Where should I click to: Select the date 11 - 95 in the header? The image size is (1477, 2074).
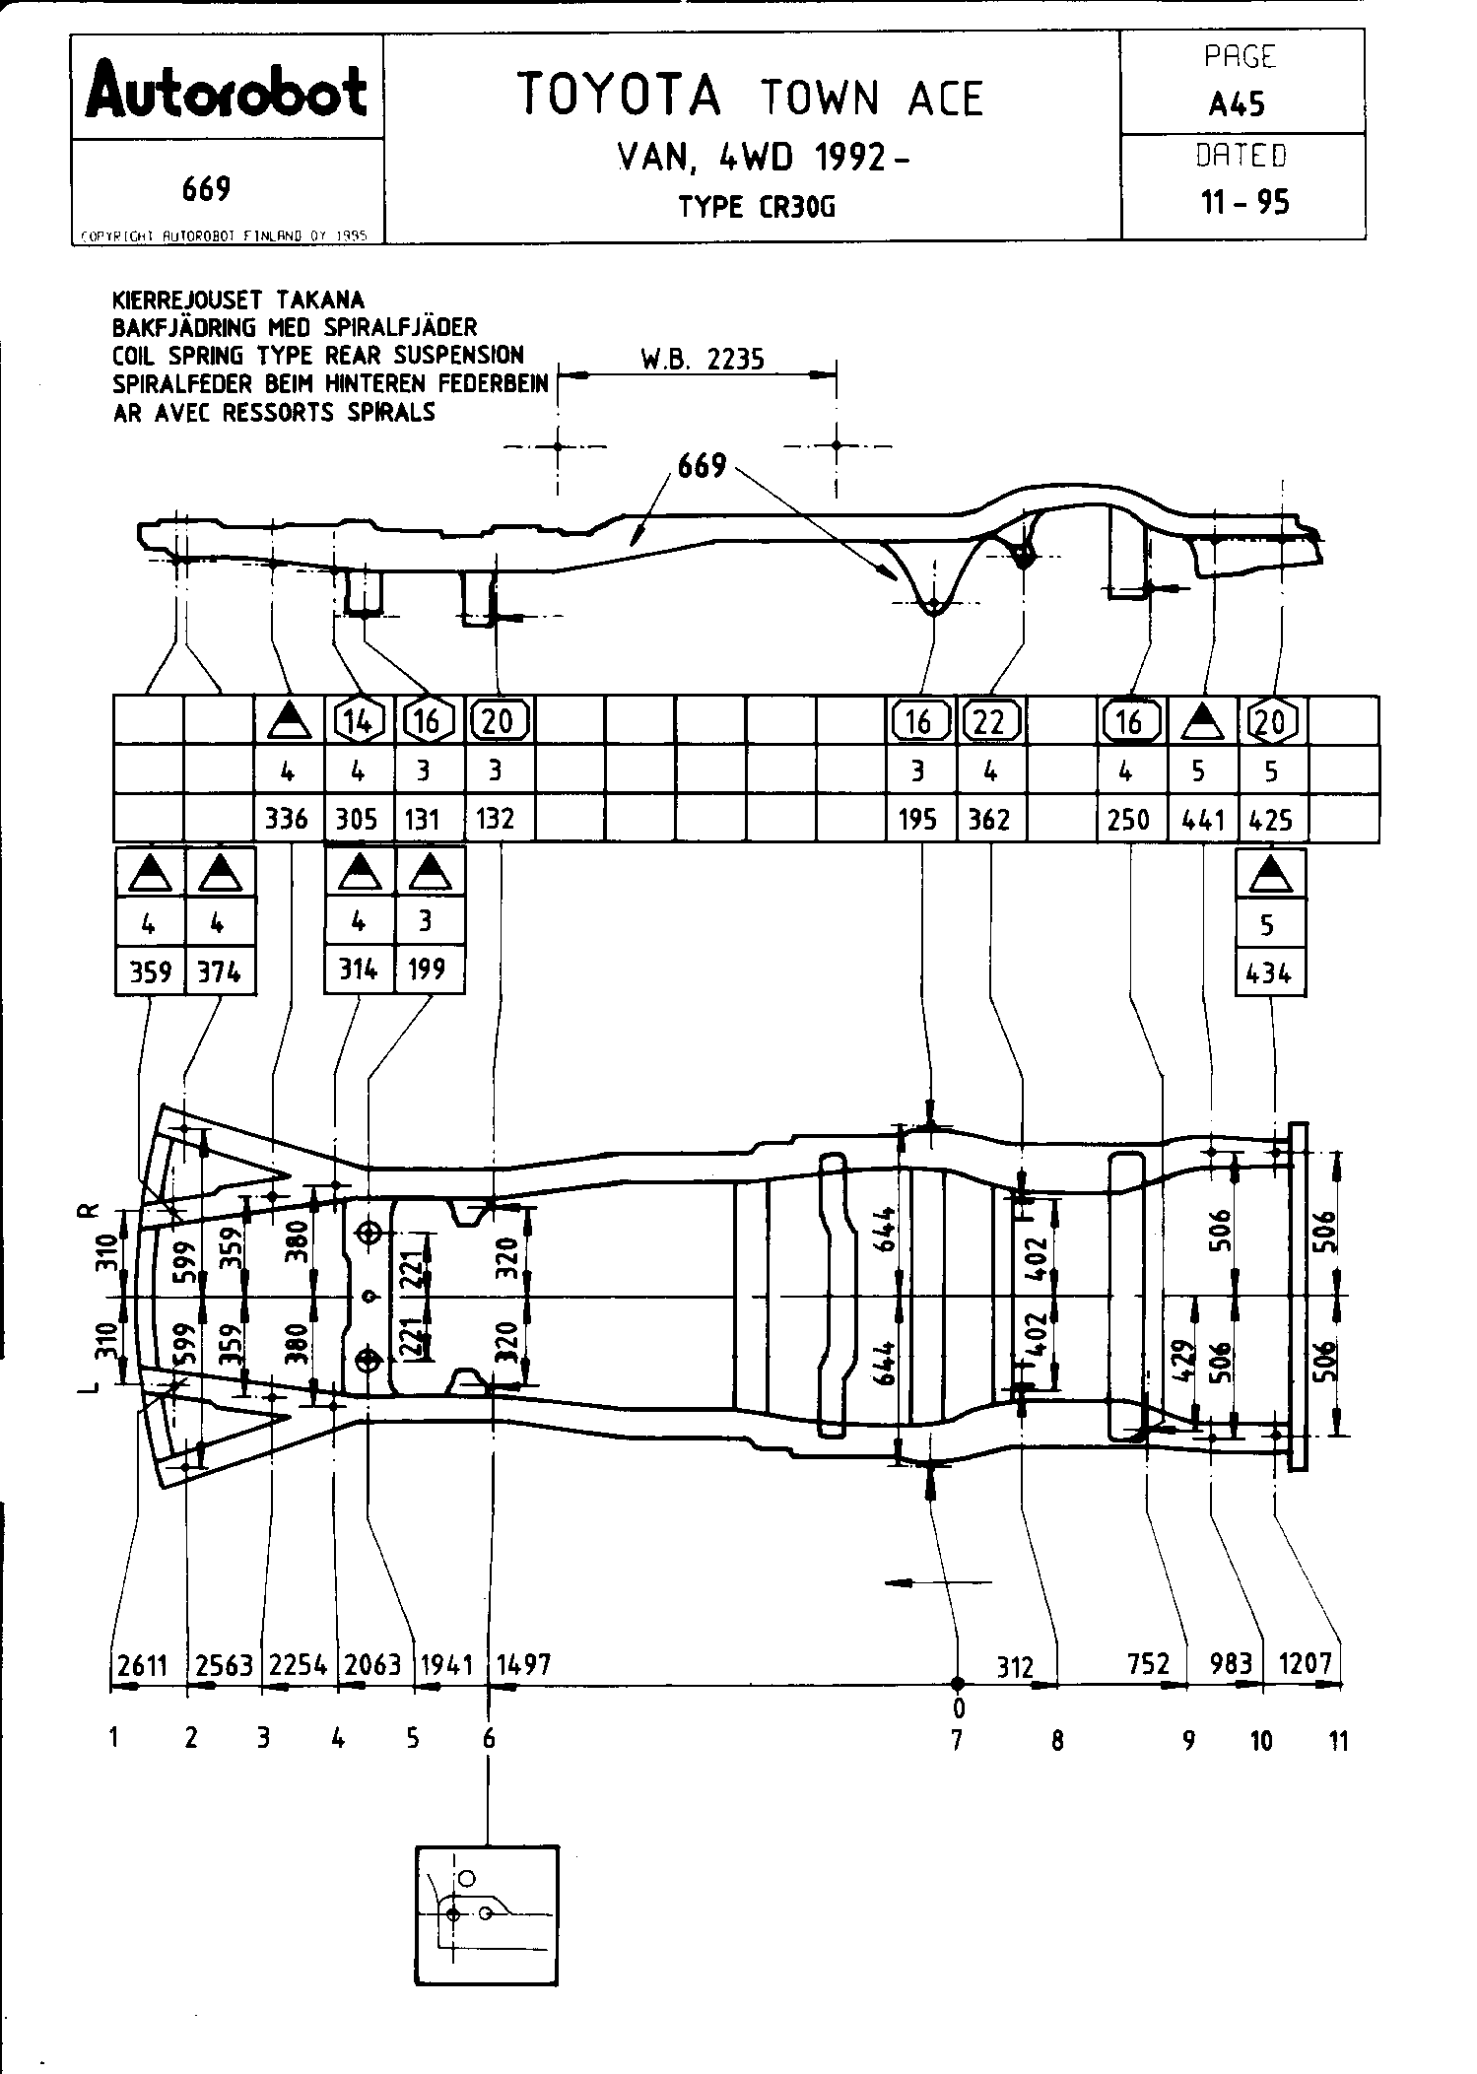(x=1243, y=202)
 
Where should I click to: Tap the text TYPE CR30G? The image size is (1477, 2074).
(x=756, y=207)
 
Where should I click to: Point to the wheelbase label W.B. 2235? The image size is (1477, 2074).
(x=703, y=360)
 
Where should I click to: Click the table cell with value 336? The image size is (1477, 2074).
(x=287, y=819)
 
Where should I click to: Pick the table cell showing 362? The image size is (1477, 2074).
(x=989, y=819)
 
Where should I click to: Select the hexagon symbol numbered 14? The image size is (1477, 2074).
(x=359, y=721)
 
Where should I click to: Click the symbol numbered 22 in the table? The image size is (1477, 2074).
(x=989, y=721)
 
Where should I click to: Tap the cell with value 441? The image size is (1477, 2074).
(x=1201, y=819)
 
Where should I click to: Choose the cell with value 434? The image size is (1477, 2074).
(x=1269, y=973)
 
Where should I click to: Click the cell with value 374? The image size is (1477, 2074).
(x=219, y=972)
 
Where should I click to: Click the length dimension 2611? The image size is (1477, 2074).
(x=142, y=1664)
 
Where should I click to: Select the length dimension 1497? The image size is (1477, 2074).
(x=523, y=1664)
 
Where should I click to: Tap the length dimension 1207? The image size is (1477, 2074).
(x=1306, y=1664)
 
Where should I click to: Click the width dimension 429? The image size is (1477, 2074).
(x=1185, y=1363)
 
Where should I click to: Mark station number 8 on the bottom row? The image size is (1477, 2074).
(x=1057, y=1741)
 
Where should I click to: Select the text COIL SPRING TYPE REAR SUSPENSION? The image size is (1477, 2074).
(x=317, y=356)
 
